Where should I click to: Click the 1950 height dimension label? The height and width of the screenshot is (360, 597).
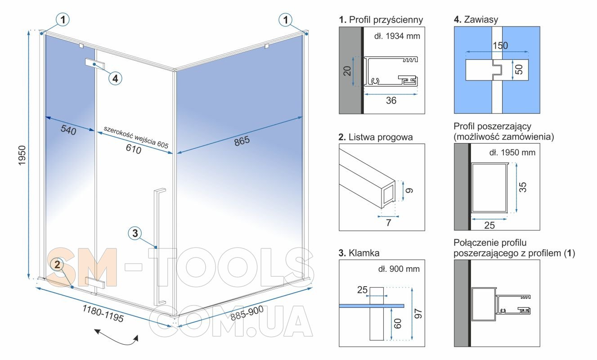[22, 155]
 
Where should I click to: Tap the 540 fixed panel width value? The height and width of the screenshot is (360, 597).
[68, 130]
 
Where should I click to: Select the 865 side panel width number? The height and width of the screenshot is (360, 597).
[242, 141]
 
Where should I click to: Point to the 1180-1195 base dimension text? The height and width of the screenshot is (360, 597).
[103, 313]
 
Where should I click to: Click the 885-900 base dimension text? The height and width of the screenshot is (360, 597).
[247, 313]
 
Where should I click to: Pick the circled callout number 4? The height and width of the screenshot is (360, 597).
[115, 78]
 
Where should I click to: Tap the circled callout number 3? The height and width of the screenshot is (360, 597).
[135, 234]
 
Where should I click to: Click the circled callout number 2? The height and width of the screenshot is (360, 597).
[57, 265]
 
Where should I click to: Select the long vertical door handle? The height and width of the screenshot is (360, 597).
[159, 247]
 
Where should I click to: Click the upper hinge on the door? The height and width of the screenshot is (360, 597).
[95, 64]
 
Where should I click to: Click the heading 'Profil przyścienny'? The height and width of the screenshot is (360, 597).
[386, 20]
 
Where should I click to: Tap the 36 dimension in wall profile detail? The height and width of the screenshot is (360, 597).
[391, 100]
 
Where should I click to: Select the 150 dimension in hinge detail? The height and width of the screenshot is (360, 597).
[500, 45]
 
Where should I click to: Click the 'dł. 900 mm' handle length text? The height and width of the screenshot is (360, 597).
[399, 269]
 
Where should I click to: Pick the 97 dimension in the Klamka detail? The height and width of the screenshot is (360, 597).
[418, 314]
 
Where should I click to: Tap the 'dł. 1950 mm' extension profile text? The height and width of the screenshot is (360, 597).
[512, 153]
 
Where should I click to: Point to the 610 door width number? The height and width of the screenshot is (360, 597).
[134, 149]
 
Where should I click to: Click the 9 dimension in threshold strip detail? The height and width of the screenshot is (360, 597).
[409, 190]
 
